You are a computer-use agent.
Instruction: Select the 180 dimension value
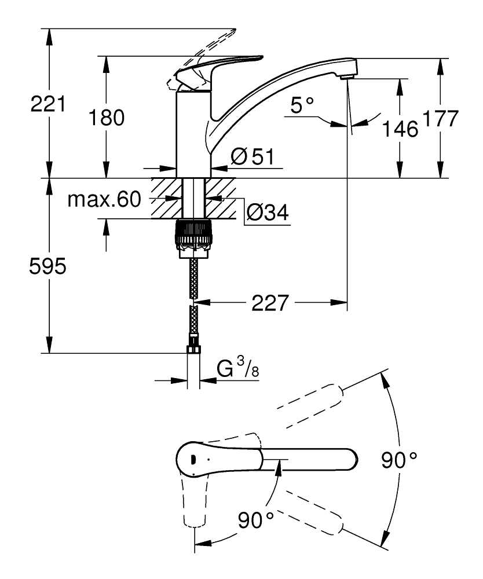click(107, 118)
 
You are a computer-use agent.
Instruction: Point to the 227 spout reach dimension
click(269, 302)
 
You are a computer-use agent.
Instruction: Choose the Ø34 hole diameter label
click(267, 213)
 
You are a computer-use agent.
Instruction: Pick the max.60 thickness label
click(104, 200)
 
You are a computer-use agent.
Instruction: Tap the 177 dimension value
click(440, 118)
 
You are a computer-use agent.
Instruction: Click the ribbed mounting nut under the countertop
click(193, 232)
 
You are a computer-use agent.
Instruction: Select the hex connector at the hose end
click(193, 351)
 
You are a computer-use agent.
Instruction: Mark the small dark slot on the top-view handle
click(191, 459)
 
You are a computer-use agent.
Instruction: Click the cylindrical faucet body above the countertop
click(193, 133)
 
